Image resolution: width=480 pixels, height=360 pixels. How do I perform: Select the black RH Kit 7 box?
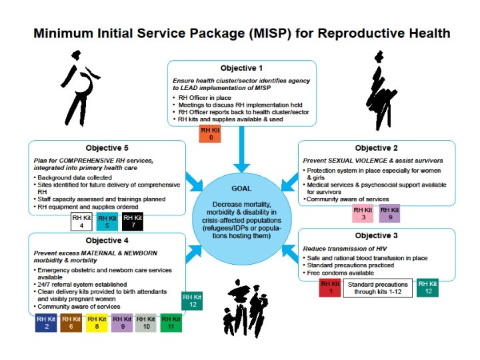pos(132,221)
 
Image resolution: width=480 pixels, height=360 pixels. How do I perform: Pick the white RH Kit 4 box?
pos(82,221)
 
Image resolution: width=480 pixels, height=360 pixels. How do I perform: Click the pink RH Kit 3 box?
pos(363,213)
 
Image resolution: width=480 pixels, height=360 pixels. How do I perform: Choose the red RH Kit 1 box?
pos(330,287)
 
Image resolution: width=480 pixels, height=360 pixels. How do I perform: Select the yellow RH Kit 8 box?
pos(97,323)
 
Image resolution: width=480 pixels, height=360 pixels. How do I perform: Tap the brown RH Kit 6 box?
pos(72,323)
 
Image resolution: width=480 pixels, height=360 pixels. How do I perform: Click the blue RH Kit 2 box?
pos(47,323)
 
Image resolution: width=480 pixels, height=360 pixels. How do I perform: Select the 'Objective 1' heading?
pos(241,68)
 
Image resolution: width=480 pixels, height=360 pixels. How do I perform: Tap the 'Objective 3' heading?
pos(377,235)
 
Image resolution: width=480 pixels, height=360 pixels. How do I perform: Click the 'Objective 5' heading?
pos(107,147)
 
